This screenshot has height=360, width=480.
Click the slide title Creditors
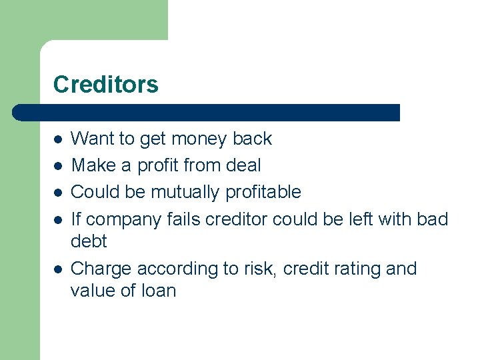pyautogui.click(x=105, y=85)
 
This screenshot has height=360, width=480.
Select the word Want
pyautogui.click(x=93, y=139)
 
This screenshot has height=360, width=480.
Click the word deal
pyautogui.click(x=243, y=165)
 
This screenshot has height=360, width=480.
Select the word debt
pyautogui.click(x=89, y=241)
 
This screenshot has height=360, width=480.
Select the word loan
pyautogui.click(x=158, y=291)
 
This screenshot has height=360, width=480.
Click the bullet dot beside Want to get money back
pyautogui.click(x=58, y=139)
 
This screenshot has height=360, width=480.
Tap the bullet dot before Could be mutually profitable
pyautogui.click(x=58, y=193)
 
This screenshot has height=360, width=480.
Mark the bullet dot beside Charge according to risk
pyautogui.click(x=58, y=269)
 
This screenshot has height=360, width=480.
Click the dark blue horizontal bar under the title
pyautogui.click(x=207, y=113)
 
